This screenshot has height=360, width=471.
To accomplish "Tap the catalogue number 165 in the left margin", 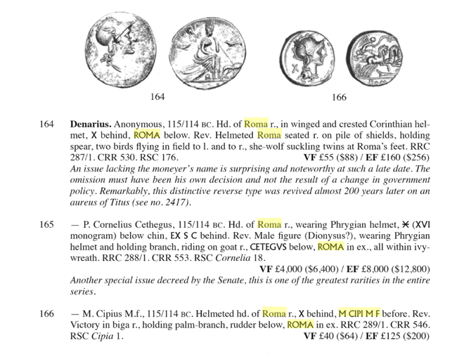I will coord(46,224).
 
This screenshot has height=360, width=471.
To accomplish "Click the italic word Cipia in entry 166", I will coord(98,336).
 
